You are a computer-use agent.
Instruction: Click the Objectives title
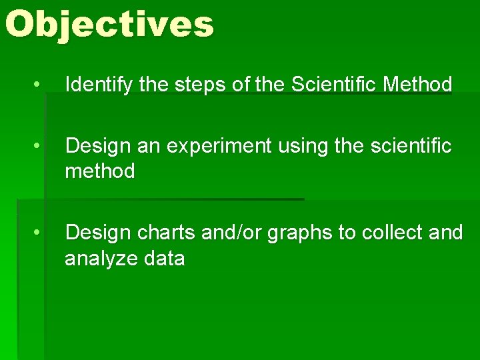[x=109, y=25]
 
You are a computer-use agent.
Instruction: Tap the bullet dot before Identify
[x=39, y=85]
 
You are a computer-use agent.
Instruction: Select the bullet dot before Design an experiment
[x=39, y=145]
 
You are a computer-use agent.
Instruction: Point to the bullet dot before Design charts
[x=39, y=233]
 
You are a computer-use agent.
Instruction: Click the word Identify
[x=99, y=85]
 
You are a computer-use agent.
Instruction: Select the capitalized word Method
[x=417, y=85]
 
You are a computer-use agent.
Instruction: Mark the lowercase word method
[x=99, y=171]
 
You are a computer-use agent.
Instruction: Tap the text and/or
[x=236, y=233]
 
